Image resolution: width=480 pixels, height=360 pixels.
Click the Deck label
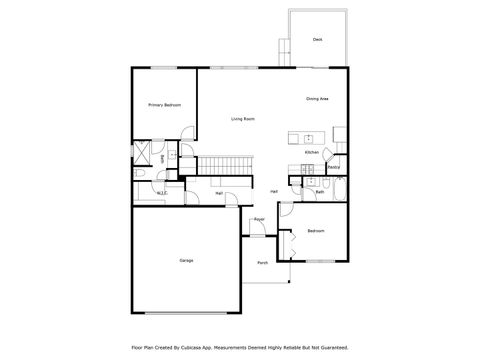pos(317,40)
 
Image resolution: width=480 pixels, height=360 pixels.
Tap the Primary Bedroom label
pos(164,105)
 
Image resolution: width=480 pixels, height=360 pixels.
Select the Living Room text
pos(243,119)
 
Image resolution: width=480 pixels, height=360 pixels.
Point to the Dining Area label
pos(319,99)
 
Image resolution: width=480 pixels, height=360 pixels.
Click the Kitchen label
pos(311,153)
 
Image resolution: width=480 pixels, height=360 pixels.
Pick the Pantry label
pos(333,166)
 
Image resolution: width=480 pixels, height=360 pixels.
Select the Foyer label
pos(259,218)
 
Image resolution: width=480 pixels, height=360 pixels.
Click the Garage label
pos(186,260)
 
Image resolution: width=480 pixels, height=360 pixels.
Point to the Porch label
pos(262,263)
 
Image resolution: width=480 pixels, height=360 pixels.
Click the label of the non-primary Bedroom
pos(316,231)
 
